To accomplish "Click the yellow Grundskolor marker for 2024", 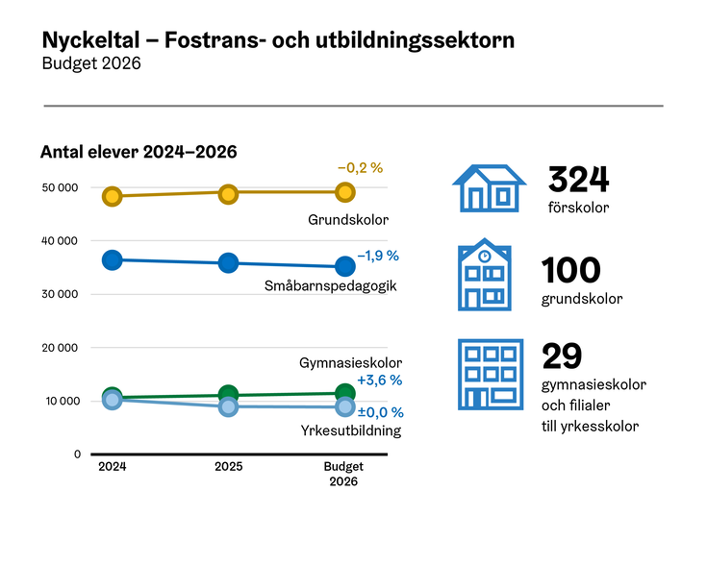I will point(113,196).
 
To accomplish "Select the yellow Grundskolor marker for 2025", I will point(228,194).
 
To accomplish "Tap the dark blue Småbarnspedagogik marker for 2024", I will point(113,259).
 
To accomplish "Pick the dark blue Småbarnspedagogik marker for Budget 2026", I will point(344,266).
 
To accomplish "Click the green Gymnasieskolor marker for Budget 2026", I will point(344,392).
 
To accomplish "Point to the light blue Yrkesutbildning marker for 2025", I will point(228,406).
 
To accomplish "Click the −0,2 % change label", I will point(360,167).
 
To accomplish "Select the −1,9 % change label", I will point(378,256).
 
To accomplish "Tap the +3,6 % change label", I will point(379,381).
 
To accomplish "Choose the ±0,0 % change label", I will point(380,412).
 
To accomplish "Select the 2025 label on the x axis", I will point(228,467).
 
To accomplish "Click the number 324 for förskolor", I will point(578,180).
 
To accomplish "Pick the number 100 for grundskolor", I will point(570,271).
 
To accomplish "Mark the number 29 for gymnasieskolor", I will point(562,356).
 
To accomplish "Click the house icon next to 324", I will point(489,187).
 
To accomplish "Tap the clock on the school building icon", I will point(485,257).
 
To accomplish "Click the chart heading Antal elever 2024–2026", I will point(139,152).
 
